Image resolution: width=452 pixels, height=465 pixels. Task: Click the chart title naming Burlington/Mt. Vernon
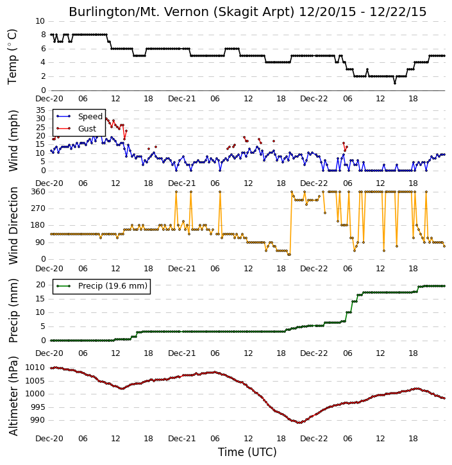tap(247, 12)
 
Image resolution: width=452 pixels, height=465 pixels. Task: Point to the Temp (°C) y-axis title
tap(12, 56)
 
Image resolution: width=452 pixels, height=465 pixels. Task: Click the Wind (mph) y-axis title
tap(13, 140)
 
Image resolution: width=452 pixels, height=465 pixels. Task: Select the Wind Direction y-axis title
tap(13, 225)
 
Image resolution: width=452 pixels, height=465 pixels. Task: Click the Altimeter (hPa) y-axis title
tap(13, 396)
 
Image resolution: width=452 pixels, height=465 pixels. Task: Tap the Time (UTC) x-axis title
tap(247, 452)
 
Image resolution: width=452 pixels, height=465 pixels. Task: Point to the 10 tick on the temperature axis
tap(40, 21)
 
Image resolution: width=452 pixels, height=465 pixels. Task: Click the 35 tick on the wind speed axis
tap(40, 110)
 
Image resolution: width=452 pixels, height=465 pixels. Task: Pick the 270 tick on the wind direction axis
tap(38, 208)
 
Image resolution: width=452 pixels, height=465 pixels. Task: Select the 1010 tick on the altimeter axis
tap(35, 368)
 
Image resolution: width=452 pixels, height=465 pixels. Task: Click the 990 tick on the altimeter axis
tap(37, 420)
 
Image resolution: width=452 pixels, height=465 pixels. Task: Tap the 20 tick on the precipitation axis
tap(40, 285)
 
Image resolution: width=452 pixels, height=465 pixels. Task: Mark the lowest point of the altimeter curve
tap(299, 423)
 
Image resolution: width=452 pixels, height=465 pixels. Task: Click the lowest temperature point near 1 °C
tap(395, 83)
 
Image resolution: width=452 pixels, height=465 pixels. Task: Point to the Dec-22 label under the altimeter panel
tap(314, 438)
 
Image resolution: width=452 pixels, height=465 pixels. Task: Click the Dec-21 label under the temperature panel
tap(181, 99)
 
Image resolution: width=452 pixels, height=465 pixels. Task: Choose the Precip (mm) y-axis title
tap(13, 311)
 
